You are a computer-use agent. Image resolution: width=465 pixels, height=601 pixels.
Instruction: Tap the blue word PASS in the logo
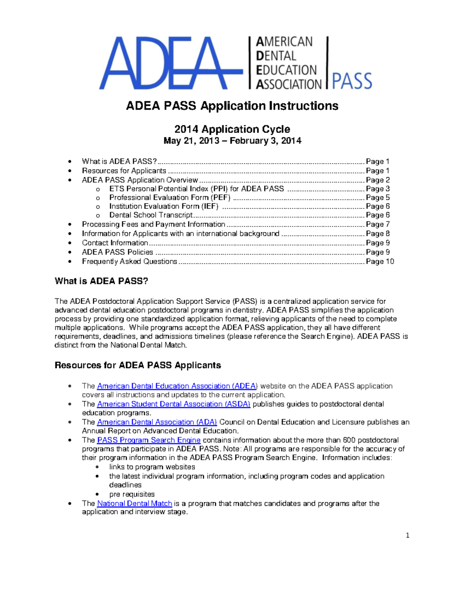[x=352, y=81]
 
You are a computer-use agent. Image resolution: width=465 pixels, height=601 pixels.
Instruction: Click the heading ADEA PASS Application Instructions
[x=232, y=106]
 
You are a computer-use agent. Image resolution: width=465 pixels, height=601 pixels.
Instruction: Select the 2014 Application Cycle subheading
[x=232, y=129]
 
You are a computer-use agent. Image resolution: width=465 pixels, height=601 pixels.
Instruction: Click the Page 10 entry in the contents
[x=380, y=262]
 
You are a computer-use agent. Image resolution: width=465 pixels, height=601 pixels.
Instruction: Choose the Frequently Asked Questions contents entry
[x=129, y=262]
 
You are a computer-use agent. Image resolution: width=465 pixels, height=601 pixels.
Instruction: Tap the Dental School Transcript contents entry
[x=151, y=215]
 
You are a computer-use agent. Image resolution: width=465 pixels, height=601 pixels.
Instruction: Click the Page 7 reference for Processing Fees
[x=378, y=224]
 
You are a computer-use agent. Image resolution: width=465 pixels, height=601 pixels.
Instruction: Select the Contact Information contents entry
[x=115, y=243]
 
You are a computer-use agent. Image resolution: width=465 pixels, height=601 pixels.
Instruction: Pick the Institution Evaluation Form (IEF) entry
[x=164, y=206]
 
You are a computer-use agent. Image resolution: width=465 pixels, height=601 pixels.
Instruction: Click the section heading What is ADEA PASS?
[x=102, y=281]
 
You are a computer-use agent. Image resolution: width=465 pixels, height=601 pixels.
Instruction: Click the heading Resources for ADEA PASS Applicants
[x=138, y=365]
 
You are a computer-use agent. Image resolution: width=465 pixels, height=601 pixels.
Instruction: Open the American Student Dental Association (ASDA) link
[x=174, y=404]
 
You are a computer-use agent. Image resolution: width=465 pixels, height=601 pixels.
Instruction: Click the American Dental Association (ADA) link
[x=157, y=422]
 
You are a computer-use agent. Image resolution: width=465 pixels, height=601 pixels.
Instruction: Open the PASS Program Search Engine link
[x=149, y=440]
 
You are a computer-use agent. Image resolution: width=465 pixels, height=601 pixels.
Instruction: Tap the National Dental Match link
[x=134, y=503]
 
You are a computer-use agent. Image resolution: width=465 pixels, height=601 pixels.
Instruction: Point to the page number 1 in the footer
[x=407, y=536]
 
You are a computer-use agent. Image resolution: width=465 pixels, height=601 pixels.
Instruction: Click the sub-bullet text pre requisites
[x=132, y=494]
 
